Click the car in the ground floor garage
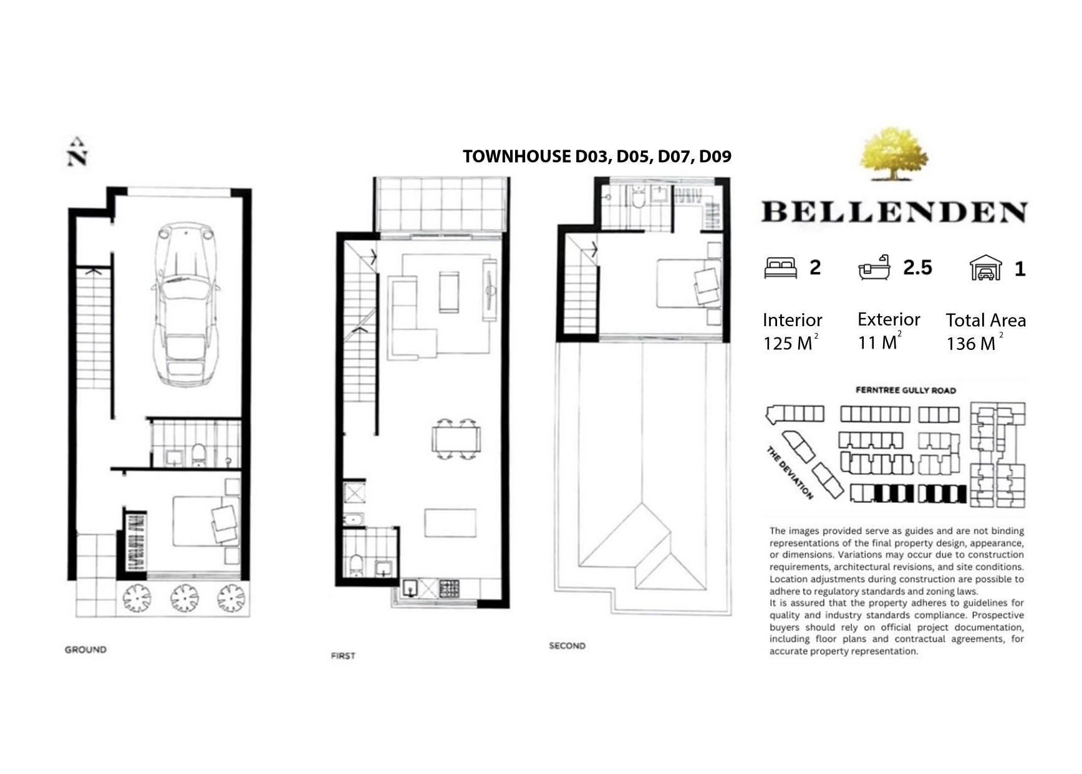coord(186,304)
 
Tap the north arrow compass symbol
coord(77,152)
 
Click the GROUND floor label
coord(85,649)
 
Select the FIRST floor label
coord(343,655)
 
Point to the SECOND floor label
coord(567,646)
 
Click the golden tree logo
coord(894,153)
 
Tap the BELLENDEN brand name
coord(894,212)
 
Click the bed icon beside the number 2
coord(781,268)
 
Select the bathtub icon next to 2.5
coord(874,267)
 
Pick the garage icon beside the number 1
coord(985,268)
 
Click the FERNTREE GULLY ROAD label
coord(906,390)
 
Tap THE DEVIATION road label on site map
coord(790,473)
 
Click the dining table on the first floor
coord(456,439)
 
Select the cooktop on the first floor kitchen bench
coord(450,589)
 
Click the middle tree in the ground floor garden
coord(185,597)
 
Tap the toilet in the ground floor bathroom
coord(198,455)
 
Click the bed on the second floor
coord(688,283)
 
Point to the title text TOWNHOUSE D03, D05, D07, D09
coord(597,157)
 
